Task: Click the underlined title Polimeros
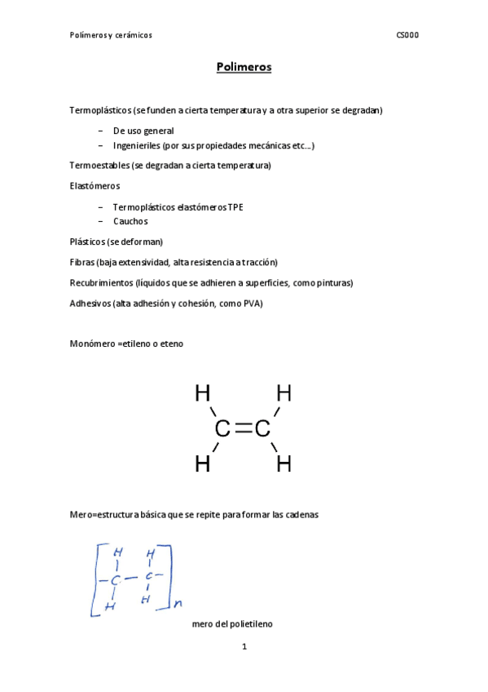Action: (244, 67)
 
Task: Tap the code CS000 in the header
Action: (407, 35)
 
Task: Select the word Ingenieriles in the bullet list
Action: (137, 145)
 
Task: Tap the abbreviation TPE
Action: (236, 206)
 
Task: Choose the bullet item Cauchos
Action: (130, 221)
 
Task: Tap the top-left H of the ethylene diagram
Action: (202, 394)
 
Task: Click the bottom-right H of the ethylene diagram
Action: (284, 465)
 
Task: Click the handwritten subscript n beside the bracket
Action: (178, 604)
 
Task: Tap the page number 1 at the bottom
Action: (244, 648)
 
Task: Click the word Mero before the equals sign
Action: (81, 515)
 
